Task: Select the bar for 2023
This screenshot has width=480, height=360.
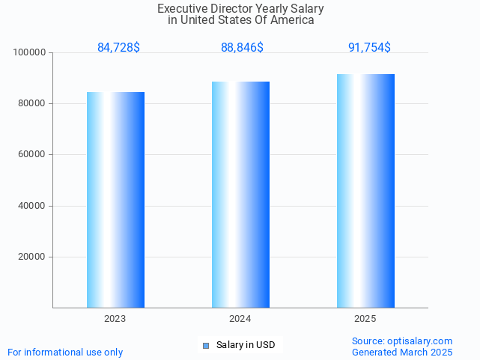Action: [115, 200]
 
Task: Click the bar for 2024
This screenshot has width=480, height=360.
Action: [240, 195]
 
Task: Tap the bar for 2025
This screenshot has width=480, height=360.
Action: [365, 191]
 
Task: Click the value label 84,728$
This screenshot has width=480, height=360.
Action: [118, 48]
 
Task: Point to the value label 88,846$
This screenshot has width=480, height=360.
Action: [242, 48]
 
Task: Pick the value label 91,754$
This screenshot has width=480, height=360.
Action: [369, 48]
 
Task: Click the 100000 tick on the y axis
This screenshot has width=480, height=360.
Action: [30, 52]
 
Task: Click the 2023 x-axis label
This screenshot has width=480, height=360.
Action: [115, 319]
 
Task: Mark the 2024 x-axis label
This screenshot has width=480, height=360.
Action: [240, 319]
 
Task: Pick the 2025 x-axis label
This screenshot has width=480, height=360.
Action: [365, 319]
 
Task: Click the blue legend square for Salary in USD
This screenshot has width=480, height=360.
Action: [206, 345]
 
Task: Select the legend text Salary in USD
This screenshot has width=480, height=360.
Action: [246, 345]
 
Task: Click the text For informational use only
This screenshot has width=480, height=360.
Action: [65, 352]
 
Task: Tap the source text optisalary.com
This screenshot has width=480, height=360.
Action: [402, 341]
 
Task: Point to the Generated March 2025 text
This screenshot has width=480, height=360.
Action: [402, 352]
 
